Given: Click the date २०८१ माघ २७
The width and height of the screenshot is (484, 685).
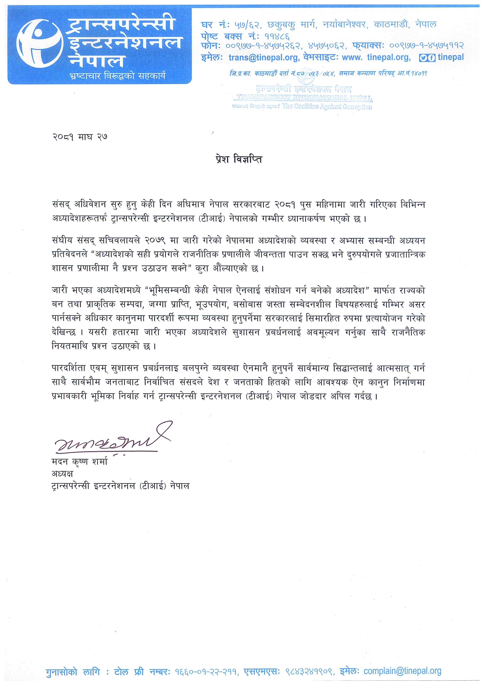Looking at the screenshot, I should coord(80,137).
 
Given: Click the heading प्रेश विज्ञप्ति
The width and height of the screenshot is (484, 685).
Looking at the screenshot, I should coord(239,159).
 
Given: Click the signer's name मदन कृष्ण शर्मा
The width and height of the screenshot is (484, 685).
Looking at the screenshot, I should coord(80,461).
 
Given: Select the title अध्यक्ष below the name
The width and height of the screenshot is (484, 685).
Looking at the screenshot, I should coord(62,474).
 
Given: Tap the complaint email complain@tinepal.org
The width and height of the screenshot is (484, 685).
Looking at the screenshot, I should coord(402,671).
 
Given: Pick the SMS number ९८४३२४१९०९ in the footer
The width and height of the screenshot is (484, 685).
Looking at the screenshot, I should coord(309,672).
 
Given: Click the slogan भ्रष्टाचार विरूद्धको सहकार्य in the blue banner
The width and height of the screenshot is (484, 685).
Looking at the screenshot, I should coord(117,75).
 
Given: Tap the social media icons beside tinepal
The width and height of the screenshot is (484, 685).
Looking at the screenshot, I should coord(427,58).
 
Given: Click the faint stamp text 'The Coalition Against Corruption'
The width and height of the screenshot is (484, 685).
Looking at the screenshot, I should coord(327,106).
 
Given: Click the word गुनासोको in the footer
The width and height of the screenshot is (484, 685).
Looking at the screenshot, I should coord(61,672).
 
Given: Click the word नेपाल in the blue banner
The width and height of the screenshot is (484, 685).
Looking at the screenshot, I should coord(96,61).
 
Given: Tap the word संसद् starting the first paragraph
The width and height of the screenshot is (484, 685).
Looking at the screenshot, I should coord(61,204).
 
